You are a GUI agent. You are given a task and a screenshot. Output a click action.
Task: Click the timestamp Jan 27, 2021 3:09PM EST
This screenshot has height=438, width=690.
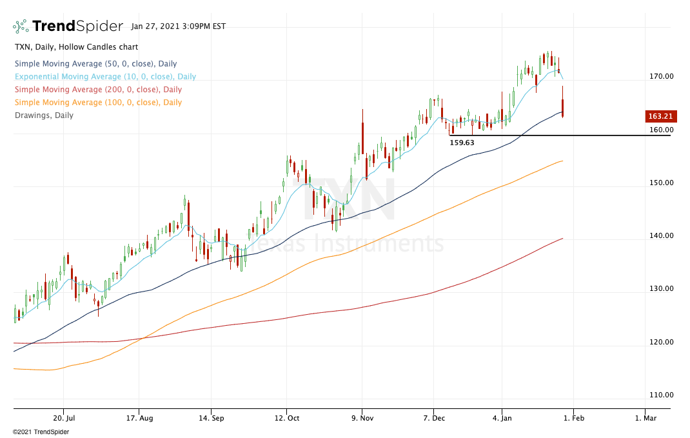click(x=178, y=27)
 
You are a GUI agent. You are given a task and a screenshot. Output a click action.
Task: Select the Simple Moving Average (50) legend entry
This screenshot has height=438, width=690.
click(x=95, y=64)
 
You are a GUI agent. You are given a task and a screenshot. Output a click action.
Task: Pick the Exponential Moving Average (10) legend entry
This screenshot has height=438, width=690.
click(x=105, y=77)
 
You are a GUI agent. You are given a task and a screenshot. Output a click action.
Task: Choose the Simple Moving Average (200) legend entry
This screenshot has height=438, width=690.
click(x=98, y=90)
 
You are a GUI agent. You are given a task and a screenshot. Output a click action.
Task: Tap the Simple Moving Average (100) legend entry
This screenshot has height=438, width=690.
click(x=98, y=103)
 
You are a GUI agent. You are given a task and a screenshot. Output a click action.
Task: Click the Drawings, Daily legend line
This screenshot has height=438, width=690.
click(x=44, y=115)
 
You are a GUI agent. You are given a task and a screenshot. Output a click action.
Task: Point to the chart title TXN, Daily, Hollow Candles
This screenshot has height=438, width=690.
click(x=76, y=47)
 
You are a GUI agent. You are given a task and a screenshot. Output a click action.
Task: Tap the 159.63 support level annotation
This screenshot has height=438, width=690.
click(x=462, y=143)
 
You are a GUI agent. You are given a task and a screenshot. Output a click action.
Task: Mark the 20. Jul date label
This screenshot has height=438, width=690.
click(x=63, y=417)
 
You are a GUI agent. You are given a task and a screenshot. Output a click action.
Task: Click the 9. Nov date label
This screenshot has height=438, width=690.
click(x=362, y=417)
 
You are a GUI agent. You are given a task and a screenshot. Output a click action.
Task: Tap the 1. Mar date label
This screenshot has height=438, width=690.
click(x=645, y=417)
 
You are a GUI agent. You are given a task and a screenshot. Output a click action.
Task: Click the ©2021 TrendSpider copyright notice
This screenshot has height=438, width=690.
click(x=41, y=432)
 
